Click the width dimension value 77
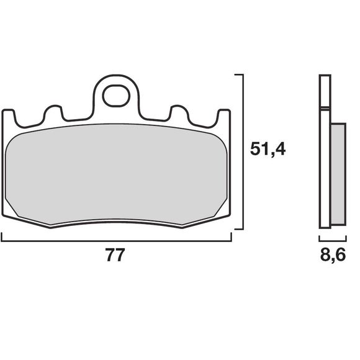(116, 256)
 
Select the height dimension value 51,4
(268, 150)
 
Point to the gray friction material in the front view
(116, 174)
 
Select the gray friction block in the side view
(337, 174)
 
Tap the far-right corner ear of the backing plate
(224, 117)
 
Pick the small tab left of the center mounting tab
(53, 113)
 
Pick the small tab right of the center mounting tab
(179, 113)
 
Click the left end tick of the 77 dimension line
(2, 236)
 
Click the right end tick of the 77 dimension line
(231, 236)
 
